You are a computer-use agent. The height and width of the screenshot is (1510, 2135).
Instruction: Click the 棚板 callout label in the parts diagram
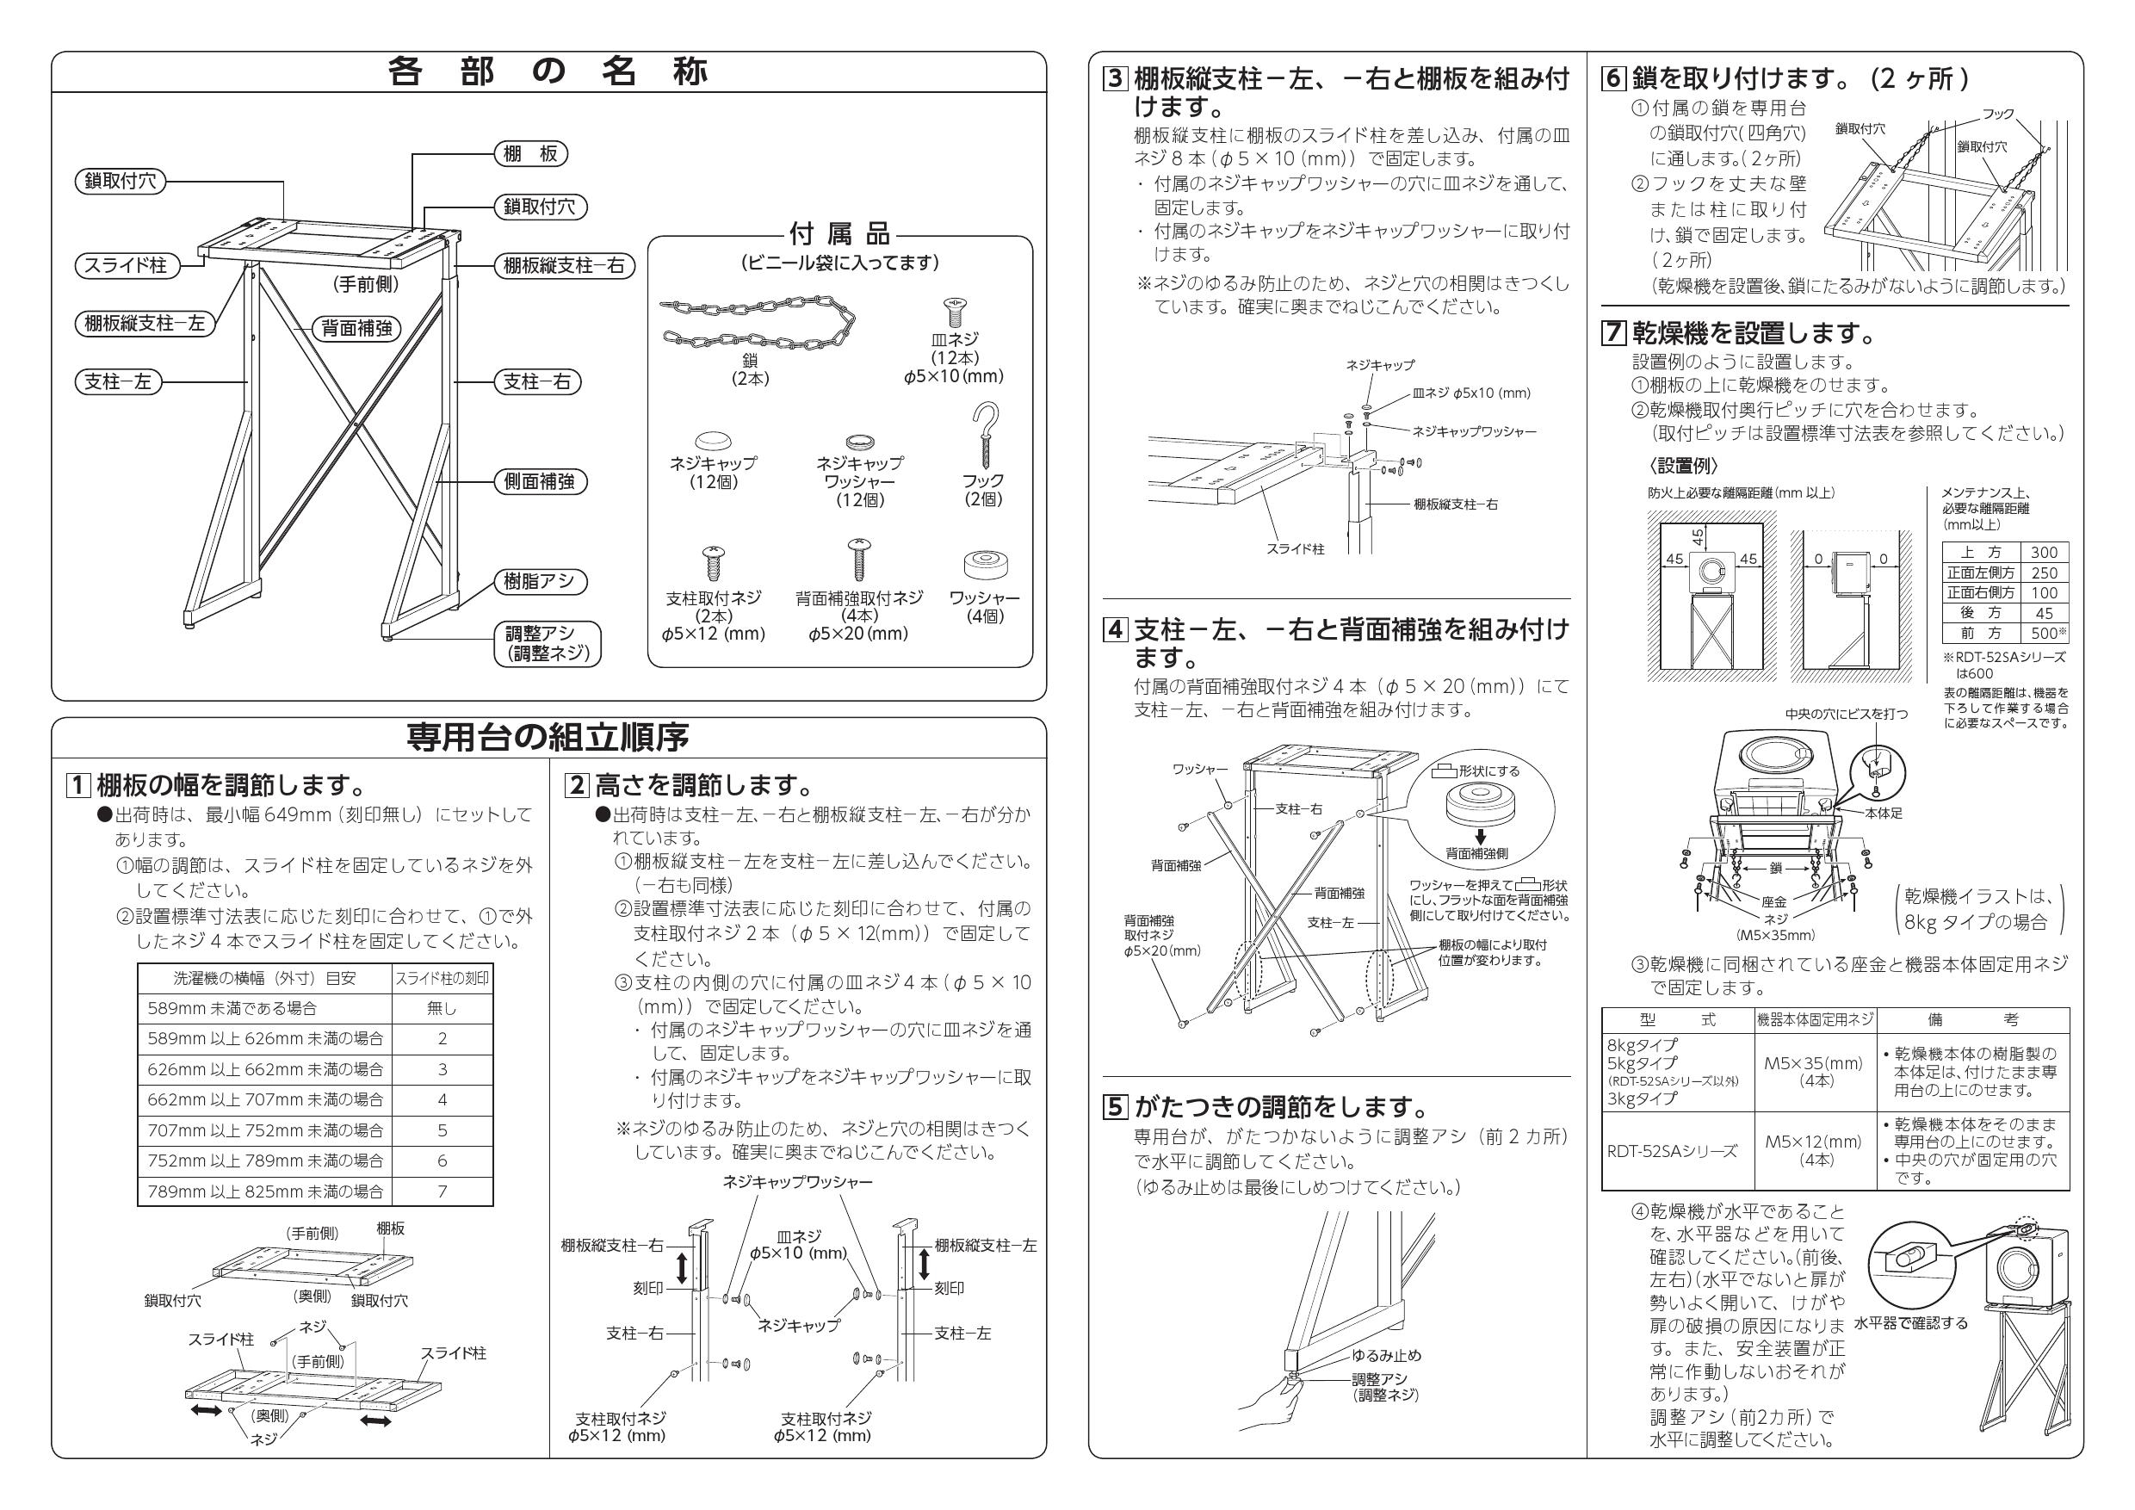tap(530, 154)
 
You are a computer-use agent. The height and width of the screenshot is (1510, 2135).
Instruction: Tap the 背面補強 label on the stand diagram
tap(357, 328)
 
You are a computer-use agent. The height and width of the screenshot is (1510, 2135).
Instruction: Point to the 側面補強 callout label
tap(539, 481)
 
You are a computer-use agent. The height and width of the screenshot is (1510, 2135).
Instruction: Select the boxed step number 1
tap(78, 786)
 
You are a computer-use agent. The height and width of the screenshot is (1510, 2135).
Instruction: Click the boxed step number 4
tap(1115, 630)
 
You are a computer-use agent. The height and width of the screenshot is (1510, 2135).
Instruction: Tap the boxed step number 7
tap(1613, 333)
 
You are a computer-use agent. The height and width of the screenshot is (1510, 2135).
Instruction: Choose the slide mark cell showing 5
tap(442, 1130)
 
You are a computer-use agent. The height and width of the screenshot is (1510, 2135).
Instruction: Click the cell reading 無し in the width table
tap(442, 1008)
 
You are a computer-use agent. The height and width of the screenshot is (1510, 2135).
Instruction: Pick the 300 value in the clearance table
tap(2044, 553)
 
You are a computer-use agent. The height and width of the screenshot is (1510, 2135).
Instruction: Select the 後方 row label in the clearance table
tap(1980, 613)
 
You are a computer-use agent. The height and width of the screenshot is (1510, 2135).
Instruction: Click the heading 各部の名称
tap(548, 72)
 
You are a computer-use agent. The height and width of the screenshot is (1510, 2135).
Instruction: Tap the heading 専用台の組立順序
tap(548, 737)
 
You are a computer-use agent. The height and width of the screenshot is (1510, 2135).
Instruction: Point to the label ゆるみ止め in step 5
tap(1386, 1356)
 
